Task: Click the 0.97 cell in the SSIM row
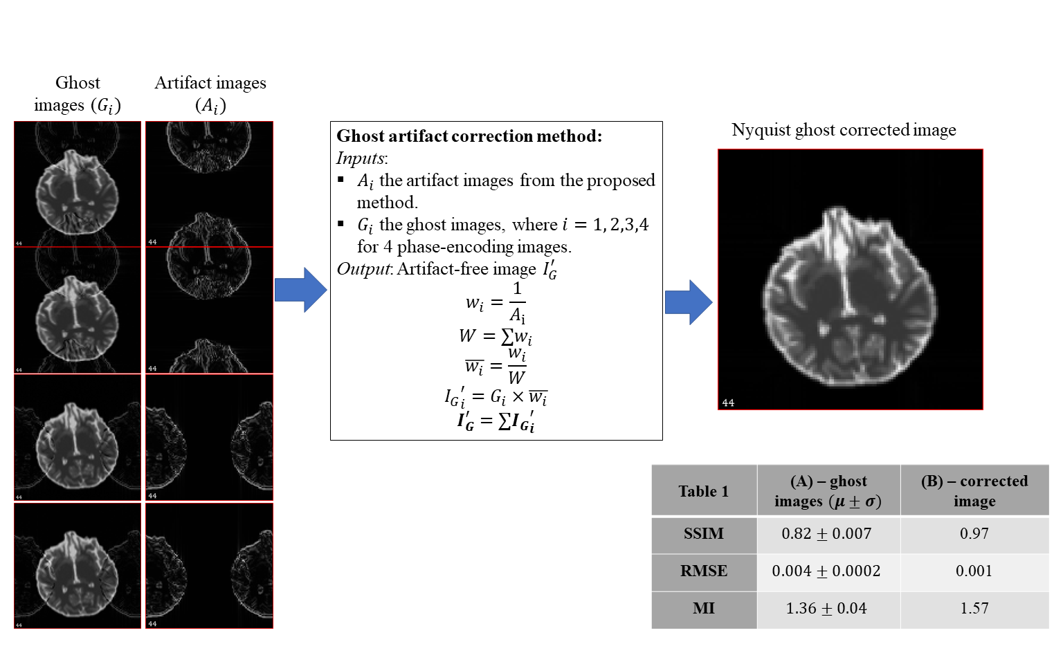tap(974, 534)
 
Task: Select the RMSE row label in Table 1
tap(704, 571)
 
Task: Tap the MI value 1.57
tap(974, 609)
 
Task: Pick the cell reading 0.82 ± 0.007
tap(826, 534)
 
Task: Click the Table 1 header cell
tap(704, 491)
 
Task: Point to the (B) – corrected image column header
tap(974, 491)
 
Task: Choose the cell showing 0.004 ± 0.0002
tap(826, 571)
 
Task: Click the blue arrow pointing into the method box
tap(300, 290)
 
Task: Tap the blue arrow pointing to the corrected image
tap(688, 302)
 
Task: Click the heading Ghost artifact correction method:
tap(469, 136)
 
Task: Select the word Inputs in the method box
tap(361, 158)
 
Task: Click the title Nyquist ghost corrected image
tap(844, 130)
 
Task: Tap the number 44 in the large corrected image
tap(728, 403)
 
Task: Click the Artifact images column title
tap(210, 93)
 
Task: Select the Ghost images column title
tap(78, 93)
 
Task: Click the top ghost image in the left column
tap(78, 184)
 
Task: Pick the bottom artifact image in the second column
tap(210, 566)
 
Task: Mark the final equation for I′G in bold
tap(496, 421)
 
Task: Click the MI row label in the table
tap(704, 609)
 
